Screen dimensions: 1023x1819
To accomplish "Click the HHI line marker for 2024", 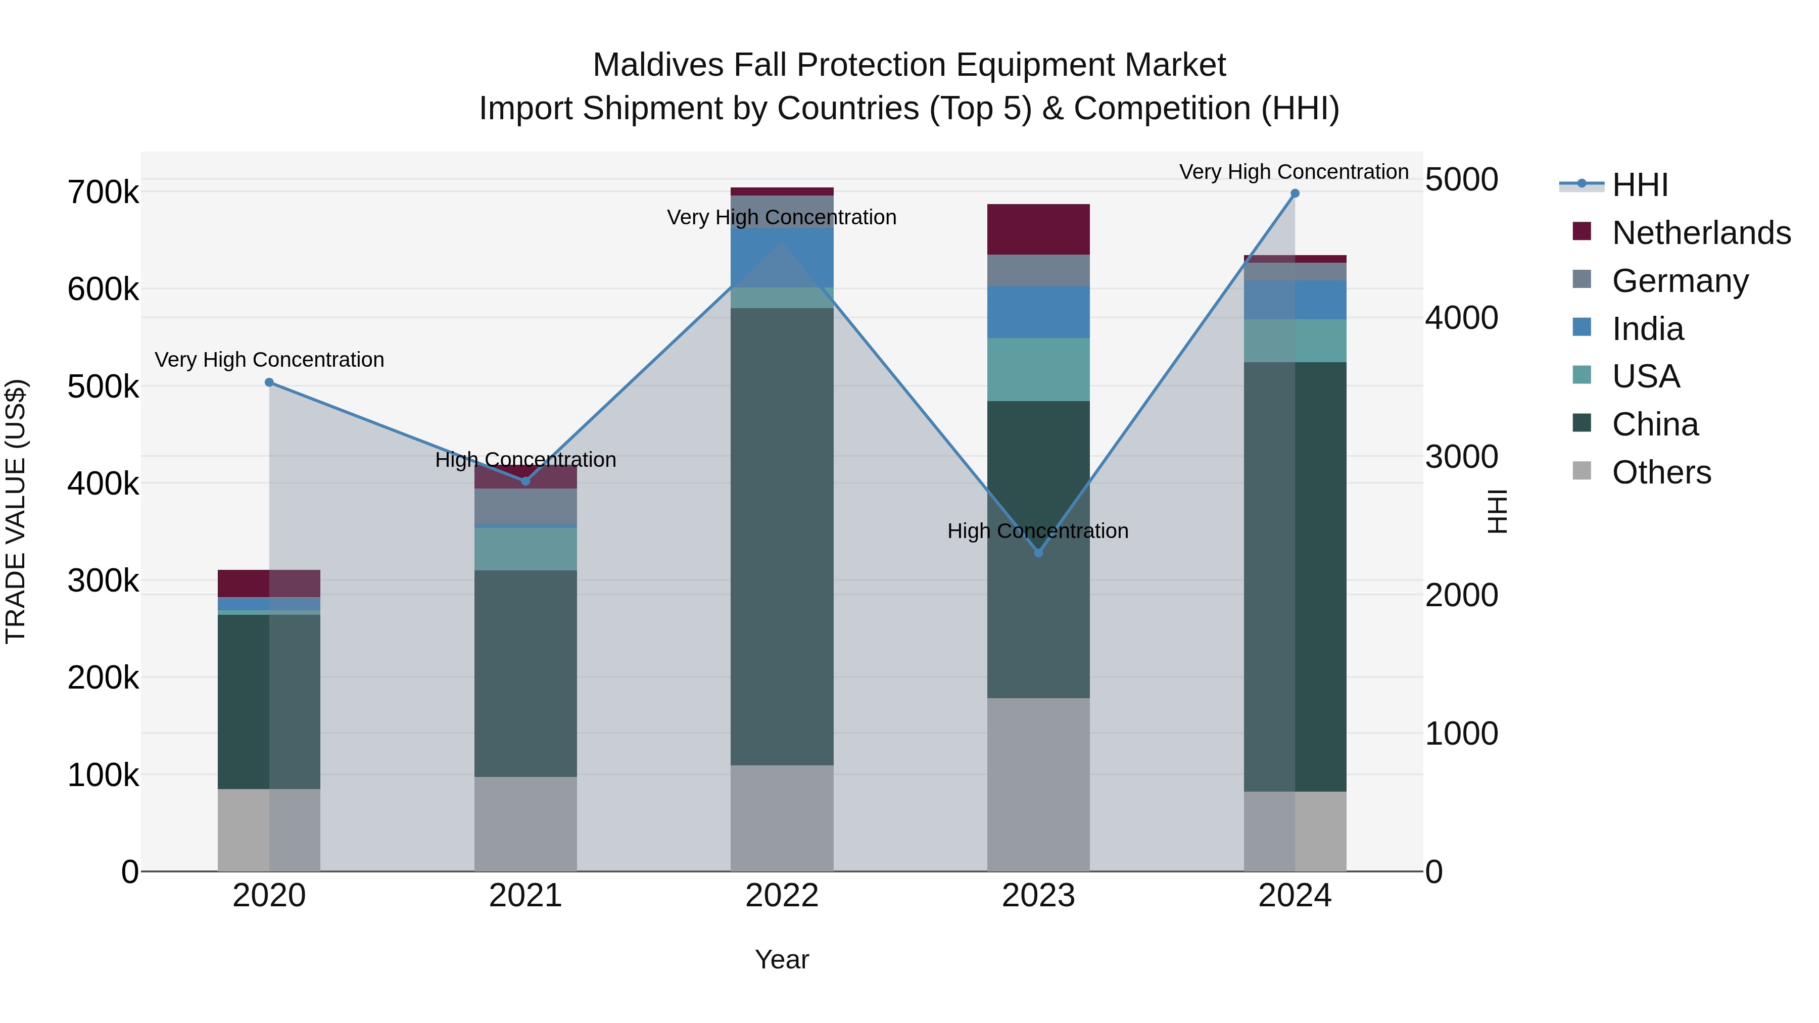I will tap(1295, 193).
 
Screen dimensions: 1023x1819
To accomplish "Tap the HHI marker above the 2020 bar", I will tap(269, 382).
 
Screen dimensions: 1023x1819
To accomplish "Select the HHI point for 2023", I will tap(1038, 553).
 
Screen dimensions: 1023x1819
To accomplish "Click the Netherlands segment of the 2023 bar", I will tap(1038, 229).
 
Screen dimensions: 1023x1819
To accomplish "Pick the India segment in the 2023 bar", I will tap(1038, 312).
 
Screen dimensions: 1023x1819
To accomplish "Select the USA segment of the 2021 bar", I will tap(525, 549).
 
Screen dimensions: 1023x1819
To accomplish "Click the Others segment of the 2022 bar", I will tap(782, 818).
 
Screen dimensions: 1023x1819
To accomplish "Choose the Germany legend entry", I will tap(1680, 281).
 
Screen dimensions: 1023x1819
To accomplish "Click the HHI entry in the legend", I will tap(1640, 185).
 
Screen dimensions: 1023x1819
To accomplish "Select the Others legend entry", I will tap(1661, 472).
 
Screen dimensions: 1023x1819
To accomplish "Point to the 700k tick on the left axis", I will tap(103, 192).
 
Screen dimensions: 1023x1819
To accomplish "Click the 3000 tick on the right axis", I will tap(1461, 457).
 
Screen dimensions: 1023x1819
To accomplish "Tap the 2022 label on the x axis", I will tap(782, 896).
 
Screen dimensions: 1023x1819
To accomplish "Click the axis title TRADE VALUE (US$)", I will tap(16, 511).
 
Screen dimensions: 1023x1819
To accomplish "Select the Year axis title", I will tap(782, 959).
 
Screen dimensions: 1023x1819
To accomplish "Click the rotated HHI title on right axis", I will tap(1496, 511).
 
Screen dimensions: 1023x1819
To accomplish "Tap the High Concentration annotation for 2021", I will tap(525, 460).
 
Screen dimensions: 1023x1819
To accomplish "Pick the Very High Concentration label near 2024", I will tap(1294, 172).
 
